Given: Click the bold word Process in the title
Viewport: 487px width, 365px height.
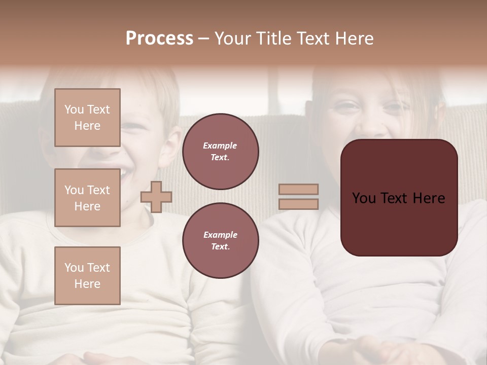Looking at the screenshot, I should [x=159, y=39].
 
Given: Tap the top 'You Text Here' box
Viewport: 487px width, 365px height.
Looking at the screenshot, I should [x=87, y=118].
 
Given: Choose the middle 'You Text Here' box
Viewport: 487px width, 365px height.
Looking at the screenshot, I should [x=87, y=198].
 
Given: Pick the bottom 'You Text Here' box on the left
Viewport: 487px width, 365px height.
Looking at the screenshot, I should [x=87, y=276].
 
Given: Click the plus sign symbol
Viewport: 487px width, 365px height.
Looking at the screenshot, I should [x=156, y=197].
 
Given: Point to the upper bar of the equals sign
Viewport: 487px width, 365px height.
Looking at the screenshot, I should [x=298, y=190].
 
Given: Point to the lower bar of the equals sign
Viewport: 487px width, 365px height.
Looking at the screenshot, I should [x=298, y=204].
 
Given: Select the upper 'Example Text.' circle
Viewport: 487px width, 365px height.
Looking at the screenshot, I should [x=220, y=152].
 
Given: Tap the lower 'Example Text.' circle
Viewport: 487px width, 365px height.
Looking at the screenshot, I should [x=220, y=241].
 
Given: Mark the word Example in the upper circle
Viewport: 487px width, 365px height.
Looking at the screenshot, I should [x=220, y=146].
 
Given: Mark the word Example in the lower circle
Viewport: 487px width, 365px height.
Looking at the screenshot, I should [x=220, y=235].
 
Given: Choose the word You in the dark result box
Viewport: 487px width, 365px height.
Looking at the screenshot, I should [x=364, y=198].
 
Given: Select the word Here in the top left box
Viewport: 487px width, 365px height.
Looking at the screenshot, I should [x=87, y=126].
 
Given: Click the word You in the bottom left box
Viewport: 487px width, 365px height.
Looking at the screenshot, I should [x=74, y=268].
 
